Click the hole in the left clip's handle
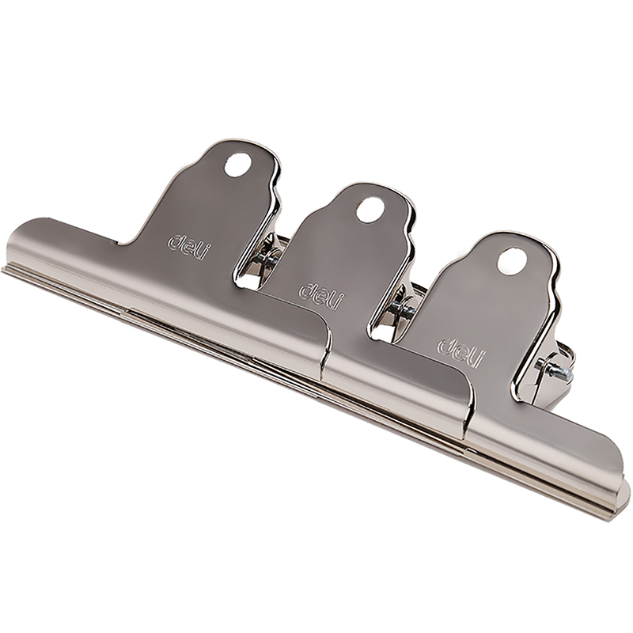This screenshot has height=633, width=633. coord(238,165)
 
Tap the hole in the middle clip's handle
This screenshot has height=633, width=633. coord(370,210)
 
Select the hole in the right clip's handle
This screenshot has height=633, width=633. coord(512,261)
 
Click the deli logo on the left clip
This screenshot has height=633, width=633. coord(190,247)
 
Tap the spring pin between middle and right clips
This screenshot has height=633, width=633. coord(402,307)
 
